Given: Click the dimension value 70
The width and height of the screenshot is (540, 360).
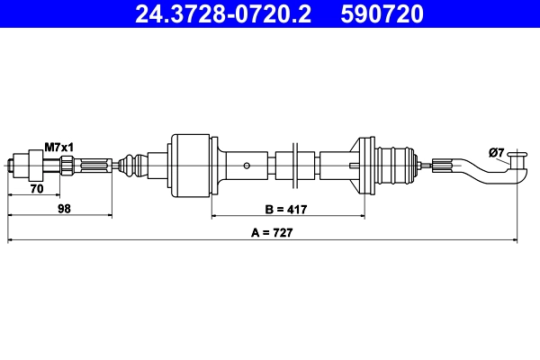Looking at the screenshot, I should click(38, 189).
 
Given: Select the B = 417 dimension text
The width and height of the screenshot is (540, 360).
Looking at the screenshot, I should click(288, 210).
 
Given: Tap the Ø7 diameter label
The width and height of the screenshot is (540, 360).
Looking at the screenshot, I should click(496, 154).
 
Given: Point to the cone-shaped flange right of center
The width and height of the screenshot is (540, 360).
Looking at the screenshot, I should click(364, 165).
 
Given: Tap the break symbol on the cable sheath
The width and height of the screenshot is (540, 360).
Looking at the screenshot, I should click(294, 164).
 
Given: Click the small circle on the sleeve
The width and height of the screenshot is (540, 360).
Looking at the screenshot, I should click(247, 166).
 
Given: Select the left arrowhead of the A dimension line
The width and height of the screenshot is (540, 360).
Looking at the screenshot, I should click(11, 240).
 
